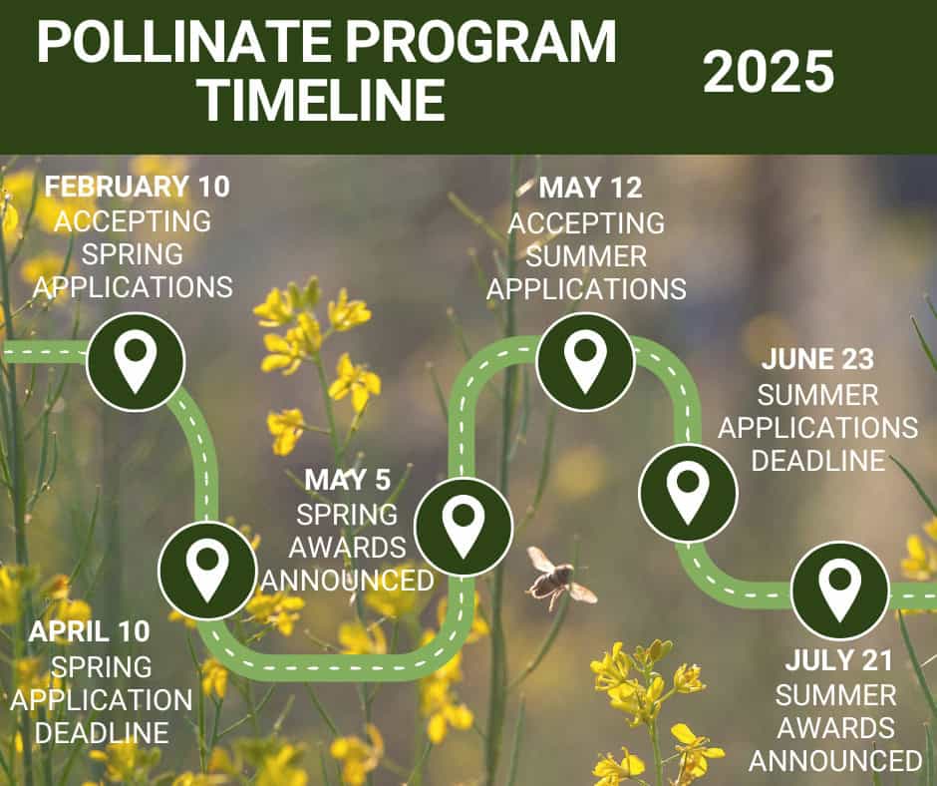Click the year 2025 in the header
coord(769,71)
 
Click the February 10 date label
coord(137,187)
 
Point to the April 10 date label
coord(89,631)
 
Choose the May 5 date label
coord(347,480)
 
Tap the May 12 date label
coord(590,188)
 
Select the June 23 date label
coord(817,359)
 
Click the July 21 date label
coord(839,660)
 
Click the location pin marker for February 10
coord(136,361)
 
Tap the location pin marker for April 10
coord(207,571)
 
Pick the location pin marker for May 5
coord(464,527)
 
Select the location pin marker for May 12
coord(585,362)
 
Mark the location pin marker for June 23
coord(688,494)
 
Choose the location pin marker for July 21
coord(839,590)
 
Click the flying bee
coord(559,578)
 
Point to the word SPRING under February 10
coord(132,254)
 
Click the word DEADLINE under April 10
coord(102,733)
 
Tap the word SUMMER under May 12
coord(586,256)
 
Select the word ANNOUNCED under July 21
coord(835,761)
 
